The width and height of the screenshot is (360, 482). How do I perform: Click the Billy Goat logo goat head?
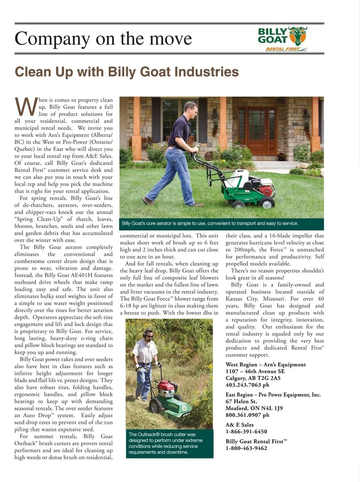[x=298, y=35]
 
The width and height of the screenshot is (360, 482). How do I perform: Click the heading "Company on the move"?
[x=103, y=39]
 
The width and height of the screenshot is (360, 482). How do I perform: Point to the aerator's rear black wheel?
[x=268, y=203]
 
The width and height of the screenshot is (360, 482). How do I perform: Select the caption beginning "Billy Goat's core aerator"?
[x=210, y=224]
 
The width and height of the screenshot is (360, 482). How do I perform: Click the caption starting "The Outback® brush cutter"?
[x=165, y=443]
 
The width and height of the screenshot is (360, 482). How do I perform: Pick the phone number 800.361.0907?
[x=243, y=415]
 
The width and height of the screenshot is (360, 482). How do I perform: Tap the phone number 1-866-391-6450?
[x=246, y=431]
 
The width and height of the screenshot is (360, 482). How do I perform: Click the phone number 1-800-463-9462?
[x=246, y=448]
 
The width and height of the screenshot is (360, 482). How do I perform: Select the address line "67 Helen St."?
[x=241, y=401]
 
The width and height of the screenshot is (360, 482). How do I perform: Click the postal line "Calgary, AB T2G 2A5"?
[x=253, y=378]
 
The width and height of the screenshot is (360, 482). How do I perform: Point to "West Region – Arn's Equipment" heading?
[x=265, y=365]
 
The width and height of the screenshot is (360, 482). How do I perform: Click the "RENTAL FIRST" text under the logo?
[x=283, y=49]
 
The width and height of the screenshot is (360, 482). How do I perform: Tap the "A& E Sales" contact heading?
[x=240, y=425]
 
